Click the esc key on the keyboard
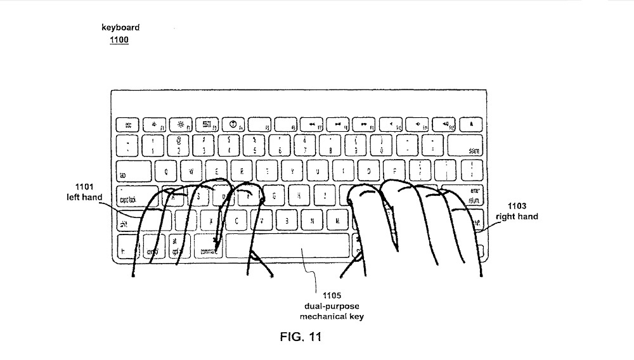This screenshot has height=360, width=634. coord(127,124)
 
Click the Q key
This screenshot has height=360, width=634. coord(166,170)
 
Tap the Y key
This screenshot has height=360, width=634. coord(292,170)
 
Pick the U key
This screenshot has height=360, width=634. coord(317,170)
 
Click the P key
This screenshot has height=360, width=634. coord(394,170)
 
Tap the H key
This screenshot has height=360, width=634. coord(300,195)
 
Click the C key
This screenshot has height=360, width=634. coord(236,220)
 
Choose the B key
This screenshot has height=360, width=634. coord(287,220)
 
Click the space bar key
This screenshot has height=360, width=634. coord(287,245)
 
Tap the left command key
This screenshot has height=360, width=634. coord(209,245)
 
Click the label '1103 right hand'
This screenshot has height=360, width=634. coord(522,211)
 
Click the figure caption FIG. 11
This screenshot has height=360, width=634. coord(301,337)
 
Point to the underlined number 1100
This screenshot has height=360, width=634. coord(119,40)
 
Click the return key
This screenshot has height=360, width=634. coord(470,195)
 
